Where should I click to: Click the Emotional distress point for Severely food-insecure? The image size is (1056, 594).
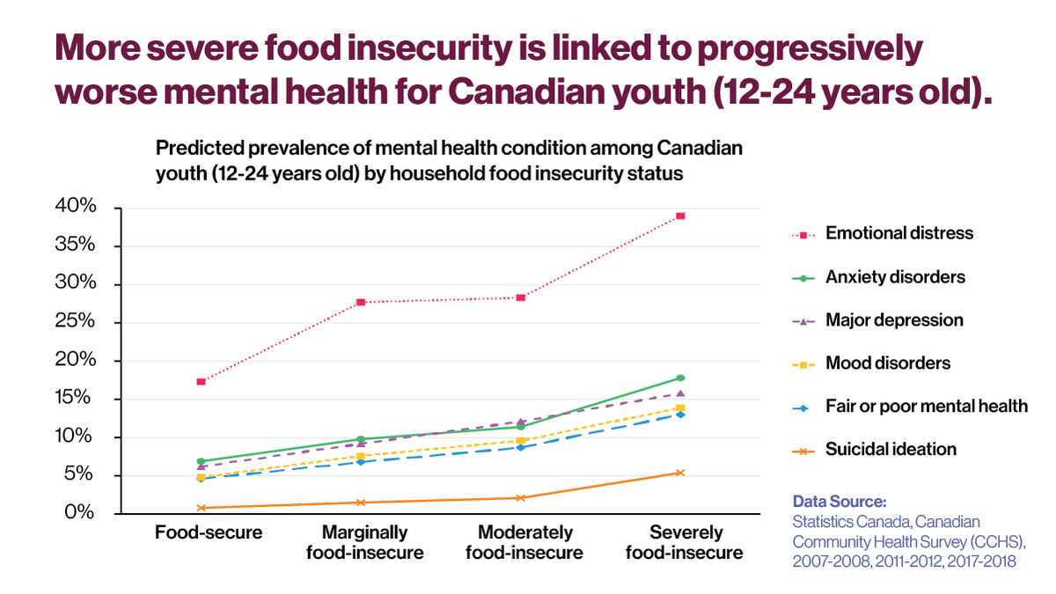tap(680, 216)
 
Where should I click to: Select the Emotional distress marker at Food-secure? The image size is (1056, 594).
tap(201, 381)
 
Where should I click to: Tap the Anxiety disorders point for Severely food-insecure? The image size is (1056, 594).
tap(680, 378)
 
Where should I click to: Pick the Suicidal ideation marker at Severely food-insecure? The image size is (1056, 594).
tap(680, 473)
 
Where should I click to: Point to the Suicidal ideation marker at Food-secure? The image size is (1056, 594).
tap(201, 508)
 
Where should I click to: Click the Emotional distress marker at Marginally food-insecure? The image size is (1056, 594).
tap(361, 302)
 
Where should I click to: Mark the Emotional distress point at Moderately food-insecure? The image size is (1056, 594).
tap(520, 297)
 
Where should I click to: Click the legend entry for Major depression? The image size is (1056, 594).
tap(894, 320)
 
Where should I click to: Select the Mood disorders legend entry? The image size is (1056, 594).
tap(888, 363)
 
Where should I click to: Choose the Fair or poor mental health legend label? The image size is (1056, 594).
tap(926, 406)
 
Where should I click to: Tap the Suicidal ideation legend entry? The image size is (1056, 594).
tap(891, 449)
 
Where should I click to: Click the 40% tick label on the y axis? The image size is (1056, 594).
tap(77, 207)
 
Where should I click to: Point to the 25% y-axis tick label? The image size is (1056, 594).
tap(77, 322)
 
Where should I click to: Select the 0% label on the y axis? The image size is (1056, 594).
tap(82, 513)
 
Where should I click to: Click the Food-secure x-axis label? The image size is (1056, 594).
tap(209, 532)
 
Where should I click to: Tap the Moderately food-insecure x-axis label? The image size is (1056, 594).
tap(524, 542)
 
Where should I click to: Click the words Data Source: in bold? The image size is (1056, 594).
tap(840, 502)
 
